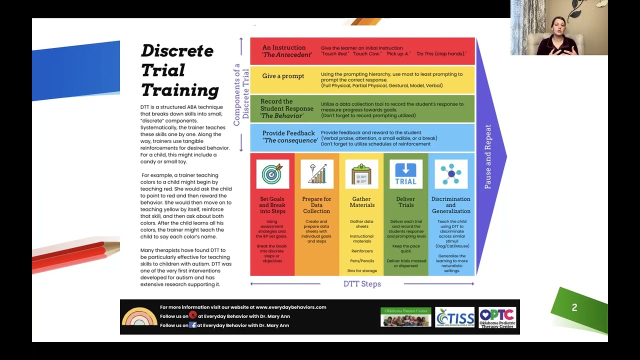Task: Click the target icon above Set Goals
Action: pos(272,174)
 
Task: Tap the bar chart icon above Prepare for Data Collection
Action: pos(317,174)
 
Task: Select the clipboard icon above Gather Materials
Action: pos(361,174)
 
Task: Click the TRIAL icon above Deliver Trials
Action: pos(405,174)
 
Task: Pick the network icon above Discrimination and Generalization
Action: pos(450,174)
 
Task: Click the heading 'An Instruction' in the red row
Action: pos(283,48)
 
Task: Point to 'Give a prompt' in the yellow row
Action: pos(283,76)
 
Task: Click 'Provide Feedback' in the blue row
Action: pos(288,133)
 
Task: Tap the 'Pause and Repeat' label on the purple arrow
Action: pos(488,156)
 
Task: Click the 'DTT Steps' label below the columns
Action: pos(362,284)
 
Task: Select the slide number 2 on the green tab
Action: pos(574,308)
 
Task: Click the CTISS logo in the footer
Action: pos(454,317)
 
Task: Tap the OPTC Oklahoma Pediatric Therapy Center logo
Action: pos(497,317)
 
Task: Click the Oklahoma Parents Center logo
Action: pos(405,317)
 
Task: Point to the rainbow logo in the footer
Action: pos(139,317)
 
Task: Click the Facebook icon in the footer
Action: pos(192,325)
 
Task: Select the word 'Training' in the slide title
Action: pos(180,90)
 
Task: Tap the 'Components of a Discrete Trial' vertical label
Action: pos(241,94)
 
